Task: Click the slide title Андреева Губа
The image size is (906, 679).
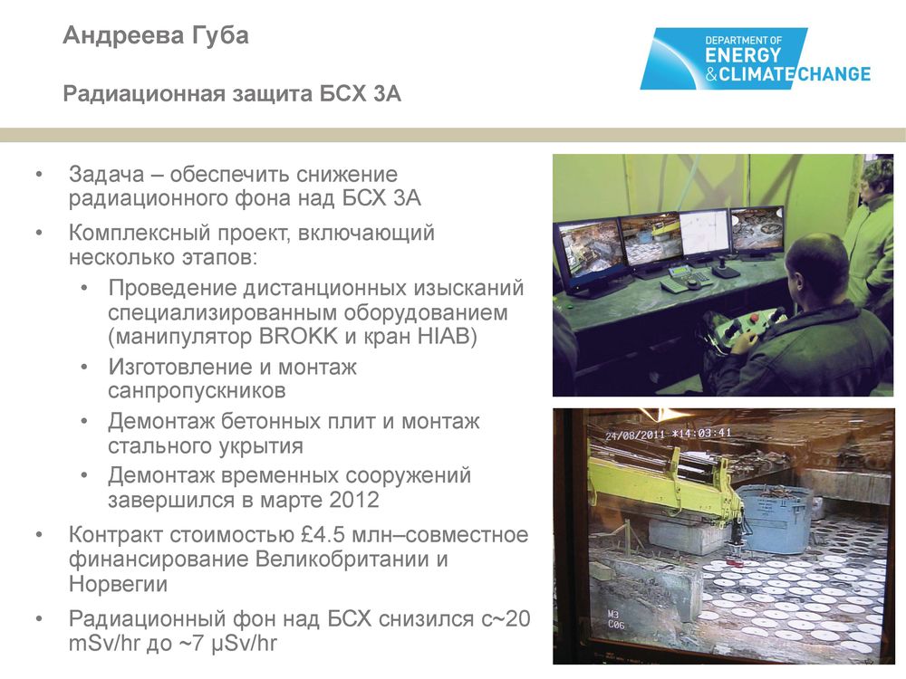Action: coord(156,36)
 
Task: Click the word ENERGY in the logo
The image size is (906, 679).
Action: coord(743,56)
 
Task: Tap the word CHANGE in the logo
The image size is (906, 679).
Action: coord(834,74)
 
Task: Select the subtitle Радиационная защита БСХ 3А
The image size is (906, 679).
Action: coord(232,93)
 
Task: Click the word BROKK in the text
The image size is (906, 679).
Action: coord(298,337)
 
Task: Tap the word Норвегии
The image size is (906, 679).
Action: coord(118,584)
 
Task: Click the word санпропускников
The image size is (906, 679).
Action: coord(197,391)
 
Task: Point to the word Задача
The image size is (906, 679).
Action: coord(106,175)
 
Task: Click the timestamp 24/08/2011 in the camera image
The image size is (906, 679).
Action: coord(634,435)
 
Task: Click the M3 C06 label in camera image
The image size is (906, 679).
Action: coord(616,619)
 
